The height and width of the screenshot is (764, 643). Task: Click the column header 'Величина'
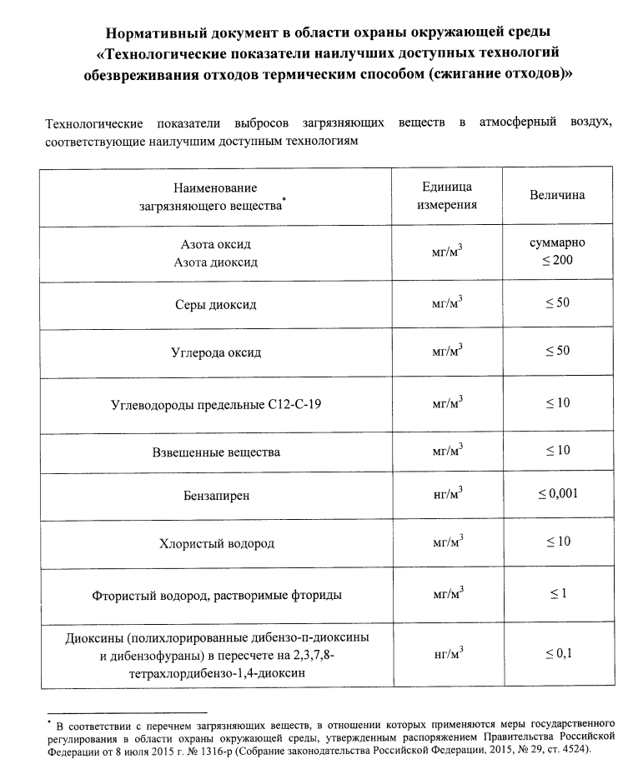[x=557, y=196]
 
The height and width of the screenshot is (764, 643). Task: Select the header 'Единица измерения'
[x=447, y=196]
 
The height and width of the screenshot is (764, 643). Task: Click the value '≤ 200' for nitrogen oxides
[x=557, y=262]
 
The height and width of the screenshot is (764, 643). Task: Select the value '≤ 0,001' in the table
[x=557, y=494]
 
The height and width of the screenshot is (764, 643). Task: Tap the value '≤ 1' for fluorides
[x=557, y=592]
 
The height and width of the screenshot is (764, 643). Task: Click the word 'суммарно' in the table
[x=557, y=243]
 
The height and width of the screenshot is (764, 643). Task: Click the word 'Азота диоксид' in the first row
[x=216, y=262]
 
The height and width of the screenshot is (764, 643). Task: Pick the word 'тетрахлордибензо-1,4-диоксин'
[x=216, y=672]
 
